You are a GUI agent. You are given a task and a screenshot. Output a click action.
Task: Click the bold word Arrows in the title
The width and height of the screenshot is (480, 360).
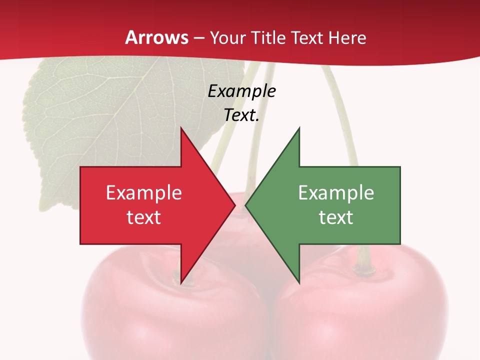click(157, 37)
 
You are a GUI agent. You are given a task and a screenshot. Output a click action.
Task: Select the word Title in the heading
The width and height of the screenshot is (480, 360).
click(267, 37)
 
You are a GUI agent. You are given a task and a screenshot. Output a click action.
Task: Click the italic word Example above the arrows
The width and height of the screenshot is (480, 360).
click(241, 91)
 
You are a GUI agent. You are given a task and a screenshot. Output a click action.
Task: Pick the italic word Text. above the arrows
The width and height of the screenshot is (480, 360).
click(241, 115)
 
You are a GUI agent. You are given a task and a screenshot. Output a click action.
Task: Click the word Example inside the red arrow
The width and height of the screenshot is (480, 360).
click(144, 192)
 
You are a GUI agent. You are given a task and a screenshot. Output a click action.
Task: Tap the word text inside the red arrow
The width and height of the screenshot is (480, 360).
click(144, 217)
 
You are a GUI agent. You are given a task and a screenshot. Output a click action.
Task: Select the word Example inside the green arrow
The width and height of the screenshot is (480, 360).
click(336, 192)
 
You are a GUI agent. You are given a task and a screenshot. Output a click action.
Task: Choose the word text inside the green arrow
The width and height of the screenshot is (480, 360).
click(336, 217)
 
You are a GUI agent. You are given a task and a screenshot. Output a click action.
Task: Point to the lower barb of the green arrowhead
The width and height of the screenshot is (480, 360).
click(298, 281)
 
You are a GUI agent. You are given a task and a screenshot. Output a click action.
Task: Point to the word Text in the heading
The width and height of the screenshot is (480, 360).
click(307, 37)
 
